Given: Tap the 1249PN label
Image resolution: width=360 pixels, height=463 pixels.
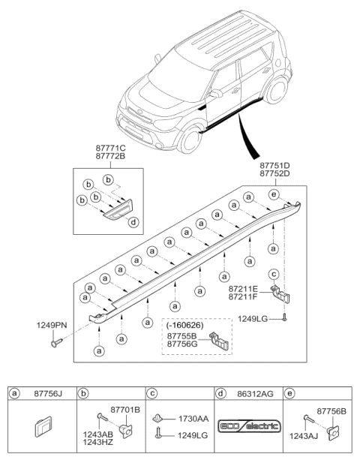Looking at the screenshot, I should [49, 325].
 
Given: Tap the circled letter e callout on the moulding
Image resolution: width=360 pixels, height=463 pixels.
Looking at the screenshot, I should [274, 194].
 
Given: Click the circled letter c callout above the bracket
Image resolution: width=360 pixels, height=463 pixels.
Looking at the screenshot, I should [274, 274].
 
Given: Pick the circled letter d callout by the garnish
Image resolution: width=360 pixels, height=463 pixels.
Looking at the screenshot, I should [133, 221].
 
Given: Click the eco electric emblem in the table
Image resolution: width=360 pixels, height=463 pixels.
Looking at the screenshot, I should [246, 426].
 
